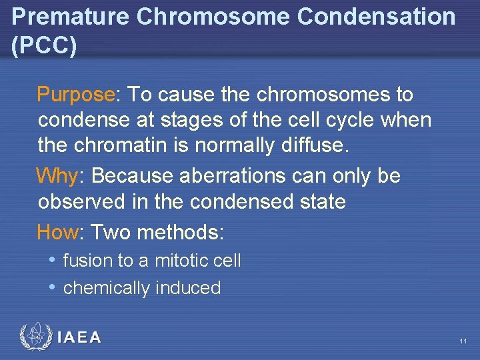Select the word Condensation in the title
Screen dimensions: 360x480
click(376, 17)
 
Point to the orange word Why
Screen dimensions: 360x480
click(57, 176)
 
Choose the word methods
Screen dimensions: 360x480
click(179, 233)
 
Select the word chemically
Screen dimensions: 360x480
click(107, 288)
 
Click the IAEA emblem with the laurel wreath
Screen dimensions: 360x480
click(35, 337)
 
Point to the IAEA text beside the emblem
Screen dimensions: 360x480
click(79, 338)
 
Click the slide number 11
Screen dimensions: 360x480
click(462, 341)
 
